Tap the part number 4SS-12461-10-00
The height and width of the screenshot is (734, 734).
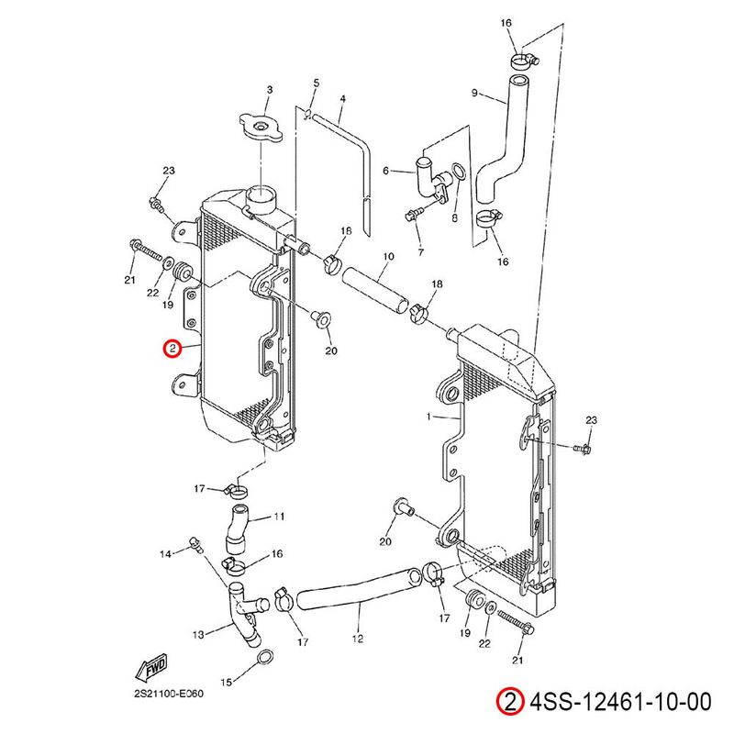tap(620, 703)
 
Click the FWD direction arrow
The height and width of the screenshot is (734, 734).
tap(150, 667)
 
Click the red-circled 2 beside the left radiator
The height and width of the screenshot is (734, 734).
tap(172, 349)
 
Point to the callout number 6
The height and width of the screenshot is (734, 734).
tap(386, 171)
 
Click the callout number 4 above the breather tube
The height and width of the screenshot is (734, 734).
tap(342, 99)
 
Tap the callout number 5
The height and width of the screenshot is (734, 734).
tap(316, 83)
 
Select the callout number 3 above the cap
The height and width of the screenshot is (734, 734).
tap(270, 90)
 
